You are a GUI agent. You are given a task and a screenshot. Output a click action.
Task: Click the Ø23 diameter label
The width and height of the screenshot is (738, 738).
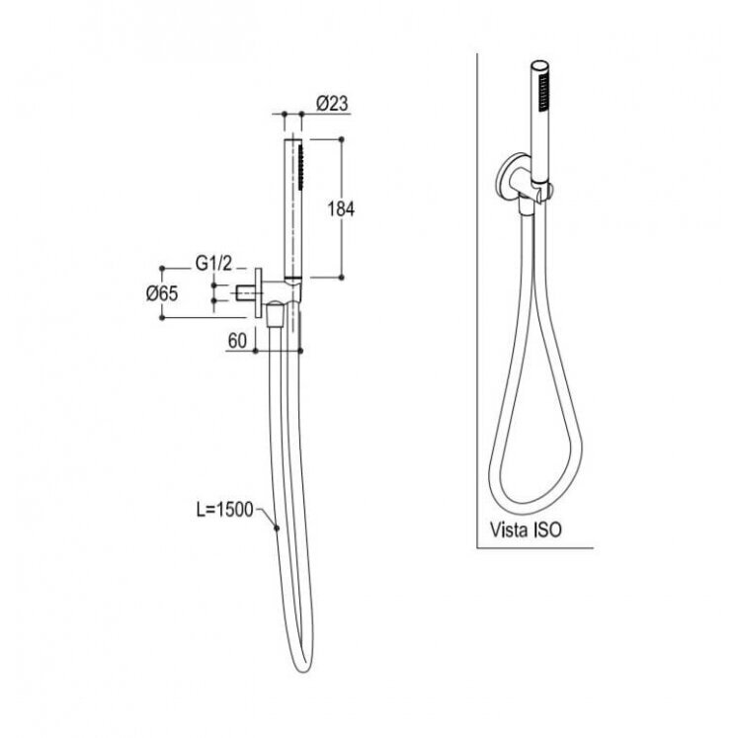(333, 103)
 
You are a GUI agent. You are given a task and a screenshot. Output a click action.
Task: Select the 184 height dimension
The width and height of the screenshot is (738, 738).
(341, 209)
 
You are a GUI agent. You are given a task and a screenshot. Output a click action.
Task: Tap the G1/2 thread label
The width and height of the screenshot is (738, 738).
(213, 264)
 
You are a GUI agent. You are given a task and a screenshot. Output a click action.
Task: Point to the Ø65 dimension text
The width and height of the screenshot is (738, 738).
(162, 293)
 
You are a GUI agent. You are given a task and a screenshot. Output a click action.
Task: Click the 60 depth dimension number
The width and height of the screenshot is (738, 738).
(237, 341)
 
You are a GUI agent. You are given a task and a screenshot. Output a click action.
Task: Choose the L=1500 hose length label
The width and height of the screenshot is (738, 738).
(225, 510)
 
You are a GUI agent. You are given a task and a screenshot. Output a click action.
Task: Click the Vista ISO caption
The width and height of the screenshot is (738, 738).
(527, 530)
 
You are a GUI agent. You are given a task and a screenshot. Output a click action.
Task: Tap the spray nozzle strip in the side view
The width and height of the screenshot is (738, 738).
(300, 168)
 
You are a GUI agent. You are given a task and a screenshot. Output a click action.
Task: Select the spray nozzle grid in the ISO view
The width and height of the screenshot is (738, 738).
(544, 93)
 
